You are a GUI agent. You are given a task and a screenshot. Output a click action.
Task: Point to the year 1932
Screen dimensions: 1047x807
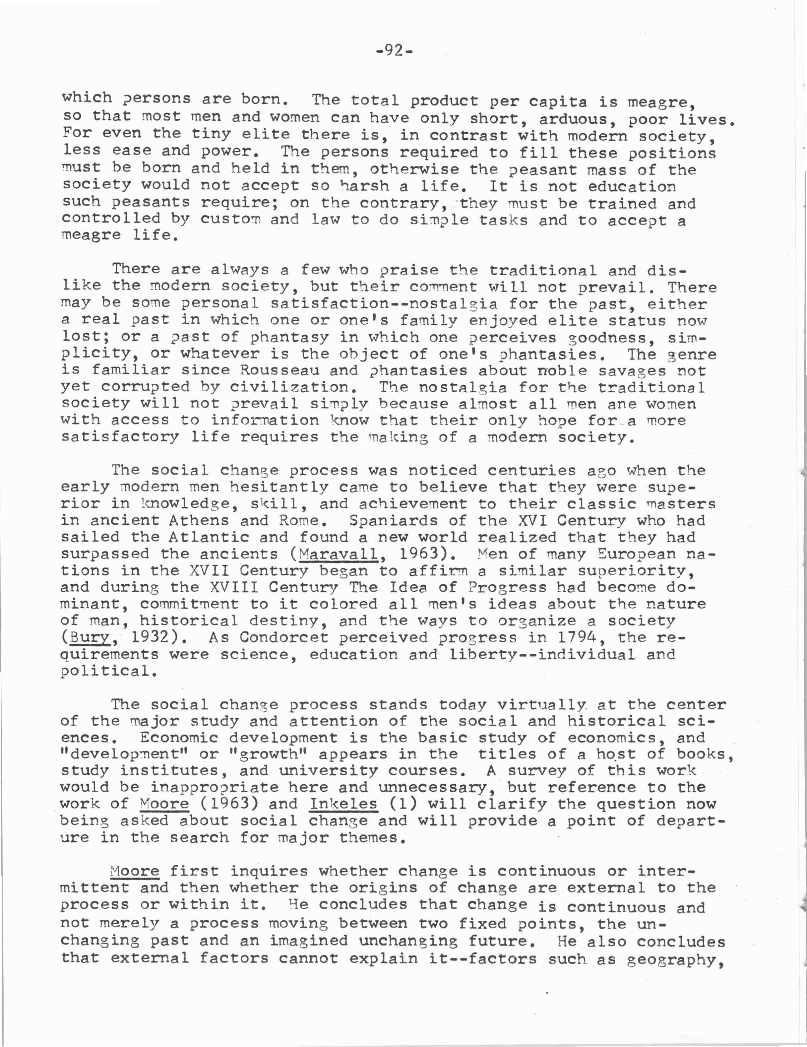tap(151, 638)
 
